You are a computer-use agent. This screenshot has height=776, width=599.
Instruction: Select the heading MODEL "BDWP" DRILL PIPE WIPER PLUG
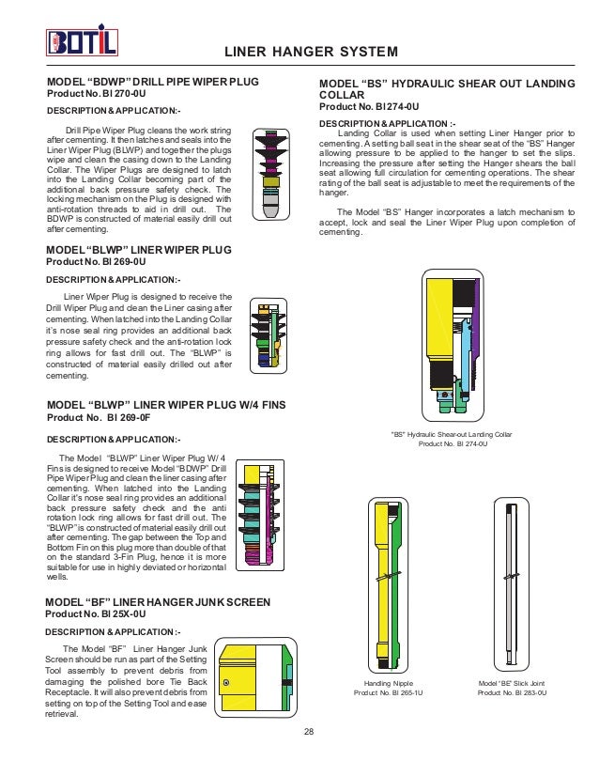click(x=152, y=83)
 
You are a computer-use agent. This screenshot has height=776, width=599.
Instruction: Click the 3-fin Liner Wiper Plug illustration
click(x=267, y=337)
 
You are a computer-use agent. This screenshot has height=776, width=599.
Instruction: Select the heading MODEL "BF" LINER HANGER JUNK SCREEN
click(x=159, y=601)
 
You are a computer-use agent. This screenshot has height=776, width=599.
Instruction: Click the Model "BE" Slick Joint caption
click(x=512, y=683)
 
